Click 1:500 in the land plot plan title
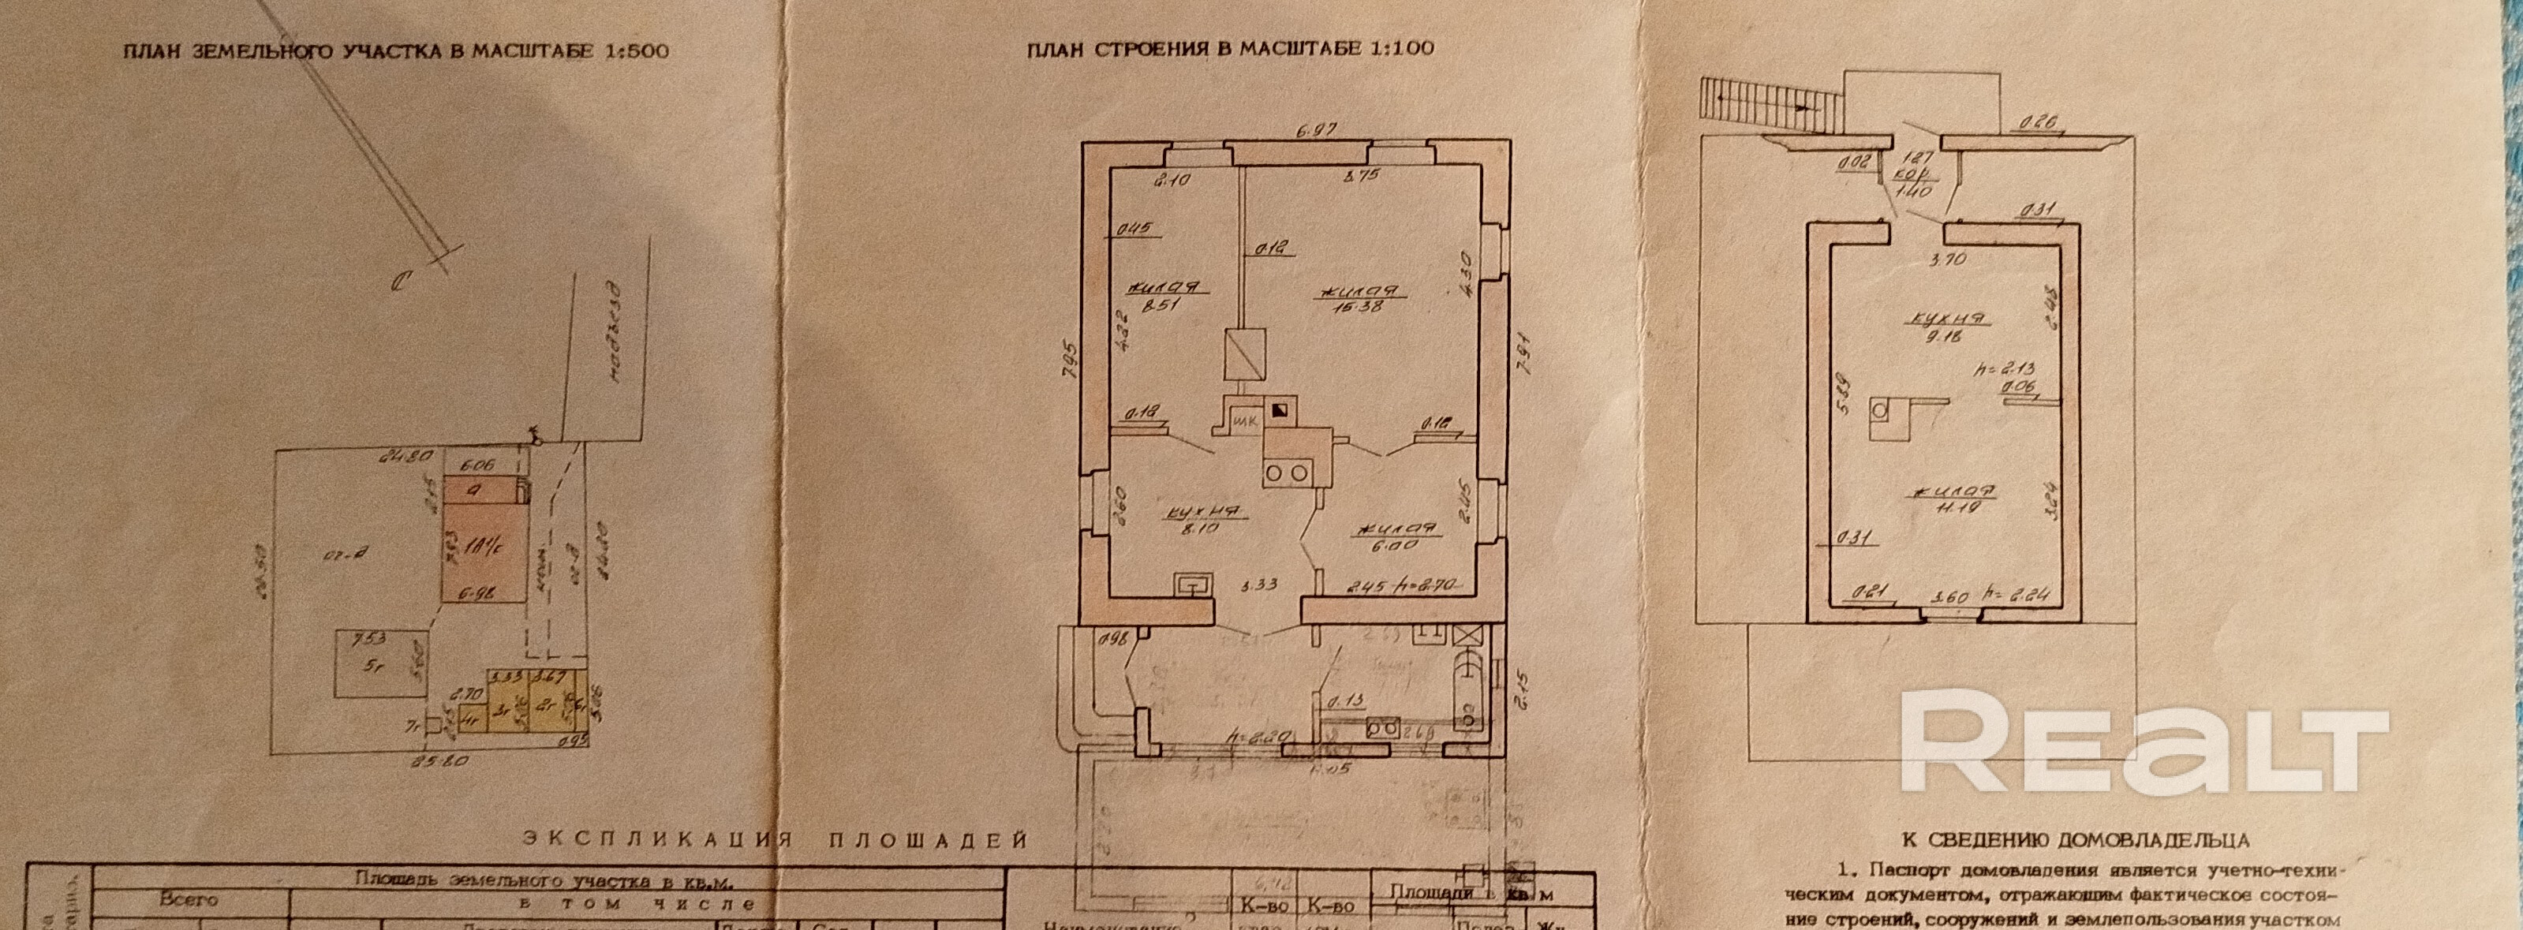click(x=633, y=51)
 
